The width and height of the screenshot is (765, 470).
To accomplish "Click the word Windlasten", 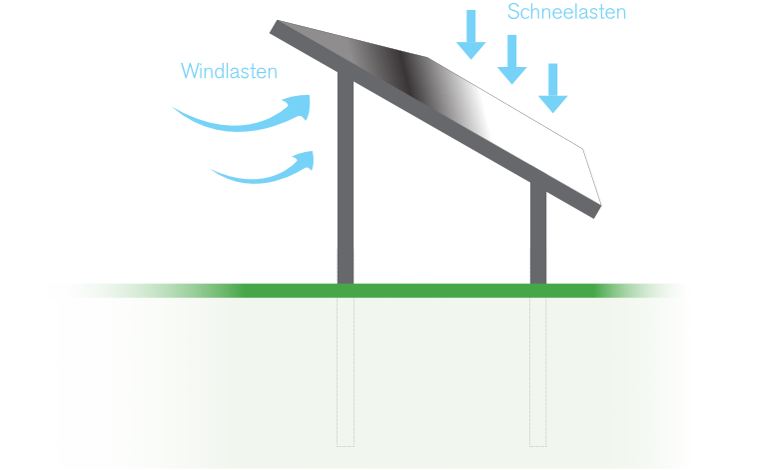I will pyautogui.click(x=229, y=72).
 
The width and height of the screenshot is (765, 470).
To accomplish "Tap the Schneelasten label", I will pyautogui.click(x=567, y=12).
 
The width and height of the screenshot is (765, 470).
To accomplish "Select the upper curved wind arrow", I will pyautogui.click(x=245, y=116).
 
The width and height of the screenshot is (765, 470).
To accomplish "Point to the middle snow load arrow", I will pyautogui.click(x=511, y=60).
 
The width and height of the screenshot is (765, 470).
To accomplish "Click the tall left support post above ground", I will pyautogui.click(x=346, y=180).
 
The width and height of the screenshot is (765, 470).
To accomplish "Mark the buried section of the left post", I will pyautogui.click(x=346, y=370).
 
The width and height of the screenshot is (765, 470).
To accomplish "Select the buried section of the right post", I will pyautogui.click(x=538, y=370).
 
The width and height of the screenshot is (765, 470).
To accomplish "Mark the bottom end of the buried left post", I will pyautogui.click(x=346, y=443).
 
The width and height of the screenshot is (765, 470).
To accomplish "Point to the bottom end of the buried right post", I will pyautogui.click(x=538, y=443).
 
